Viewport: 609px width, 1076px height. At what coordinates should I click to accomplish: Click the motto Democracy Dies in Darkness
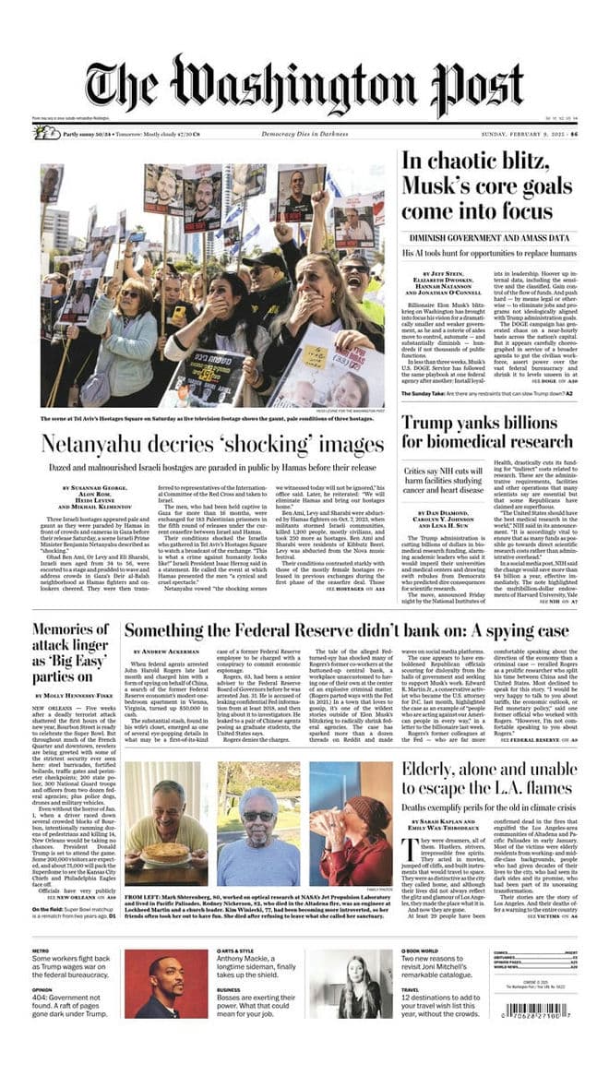(304, 134)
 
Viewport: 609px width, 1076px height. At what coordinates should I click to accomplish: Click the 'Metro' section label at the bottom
(41, 951)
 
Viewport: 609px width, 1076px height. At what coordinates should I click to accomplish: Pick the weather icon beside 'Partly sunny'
(47, 133)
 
